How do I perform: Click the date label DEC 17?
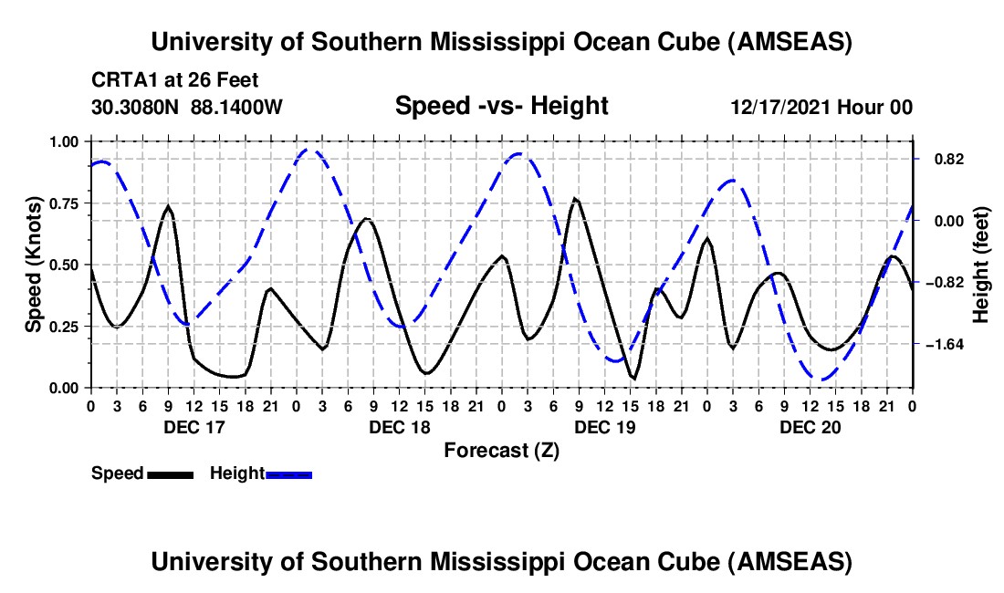pyautogui.click(x=194, y=427)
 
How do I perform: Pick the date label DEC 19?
pyautogui.click(x=605, y=427)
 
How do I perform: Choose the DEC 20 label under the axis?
pyautogui.click(x=811, y=427)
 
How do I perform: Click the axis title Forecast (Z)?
pyautogui.click(x=501, y=450)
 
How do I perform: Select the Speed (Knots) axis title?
pyautogui.click(x=35, y=265)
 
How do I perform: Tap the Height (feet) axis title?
pyautogui.click(x=982, y=265)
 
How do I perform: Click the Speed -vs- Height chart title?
pyautogui.click(x=501, y=106)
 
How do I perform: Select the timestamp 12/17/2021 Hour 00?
pyautogui.click(x=821, y=108)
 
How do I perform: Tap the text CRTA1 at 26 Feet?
pyautogui.click(x=174, y=81)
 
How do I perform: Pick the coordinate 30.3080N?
pyautogui.click(x=137, y=107)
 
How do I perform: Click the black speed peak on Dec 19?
pyautogui.click(x=575, y=199)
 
